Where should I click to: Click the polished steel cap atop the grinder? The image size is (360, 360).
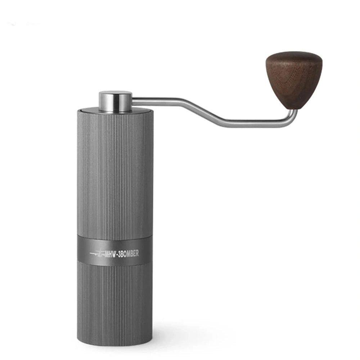[x=116, y=101]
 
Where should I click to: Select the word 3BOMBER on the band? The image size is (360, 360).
[x=128, y=254]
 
